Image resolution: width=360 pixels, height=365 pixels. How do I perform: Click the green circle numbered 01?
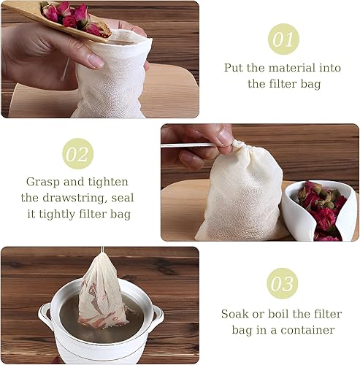pyautogui.click(x=283, y=39)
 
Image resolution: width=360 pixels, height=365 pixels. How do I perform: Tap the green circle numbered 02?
pyautogui.click(x=78, y=154)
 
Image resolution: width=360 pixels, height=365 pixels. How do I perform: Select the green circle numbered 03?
pyautogui.click(x=282, y=283)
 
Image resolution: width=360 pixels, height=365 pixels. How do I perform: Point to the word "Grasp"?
pyautogui.click(x=43, y=182)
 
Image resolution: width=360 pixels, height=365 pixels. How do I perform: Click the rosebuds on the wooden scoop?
pyautogui.click(x=73, y=16)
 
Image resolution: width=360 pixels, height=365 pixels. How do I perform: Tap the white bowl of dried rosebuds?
pyautogui.click(x=319, y=211)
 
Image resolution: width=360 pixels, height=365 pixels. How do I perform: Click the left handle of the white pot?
pyautogui.click(x=44, y=313)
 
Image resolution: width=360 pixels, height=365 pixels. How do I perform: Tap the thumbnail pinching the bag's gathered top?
pyautogui.click(x=224, y=137)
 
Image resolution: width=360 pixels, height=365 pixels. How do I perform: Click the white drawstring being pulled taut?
pyautogui.click(x=187, y=145)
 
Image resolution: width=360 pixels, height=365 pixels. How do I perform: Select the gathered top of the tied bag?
pyautogui.click(x=241, y=147)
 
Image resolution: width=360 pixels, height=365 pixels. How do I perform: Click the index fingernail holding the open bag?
pyautogui.click(x=96, y=61)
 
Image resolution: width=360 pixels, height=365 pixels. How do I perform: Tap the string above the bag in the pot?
pyautogui.click(x=102, y=250)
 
